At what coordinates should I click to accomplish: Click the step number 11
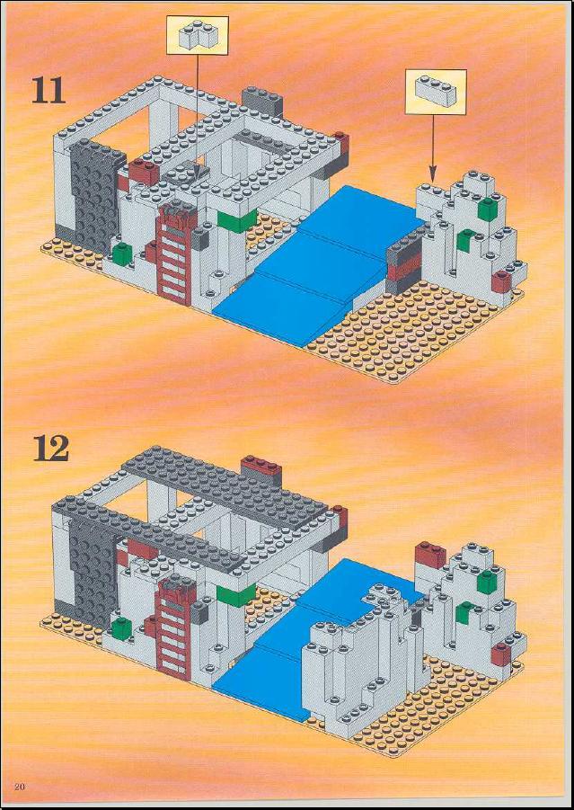[x=49, y=91]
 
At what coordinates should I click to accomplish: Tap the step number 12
[x=51, y=448]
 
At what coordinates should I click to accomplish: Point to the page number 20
[x=21, y=787]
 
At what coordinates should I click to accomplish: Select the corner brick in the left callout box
[x=198, y=35]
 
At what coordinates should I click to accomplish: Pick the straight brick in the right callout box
[x=436, y=92]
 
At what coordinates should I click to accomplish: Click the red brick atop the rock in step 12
[x=430, y=555]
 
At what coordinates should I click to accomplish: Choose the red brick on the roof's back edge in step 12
[x=261, y=467]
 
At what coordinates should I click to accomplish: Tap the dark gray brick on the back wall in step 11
[x=262, y=101]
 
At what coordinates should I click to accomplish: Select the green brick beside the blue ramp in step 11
[x=236, y=220]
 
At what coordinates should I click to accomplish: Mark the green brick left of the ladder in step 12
[x=122, y=628]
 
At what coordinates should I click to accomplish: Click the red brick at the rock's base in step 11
[x=502, y=281]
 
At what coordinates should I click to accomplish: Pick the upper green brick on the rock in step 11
[x=487, y=209]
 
